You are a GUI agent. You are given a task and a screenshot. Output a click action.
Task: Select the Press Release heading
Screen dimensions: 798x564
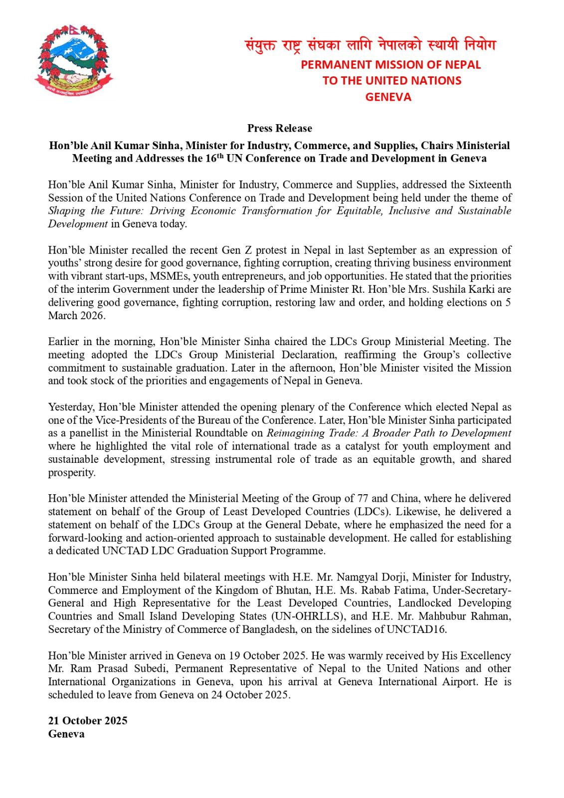click(279, 128)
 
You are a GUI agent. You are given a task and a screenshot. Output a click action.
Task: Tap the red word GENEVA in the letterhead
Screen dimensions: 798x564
click(388, 97)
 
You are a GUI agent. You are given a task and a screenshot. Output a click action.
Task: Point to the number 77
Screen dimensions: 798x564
click(363, 498)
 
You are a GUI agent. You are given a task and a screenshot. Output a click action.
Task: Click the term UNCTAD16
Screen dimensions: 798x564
click(417, 629)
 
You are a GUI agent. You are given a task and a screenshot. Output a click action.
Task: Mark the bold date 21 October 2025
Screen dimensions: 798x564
click(88, 721)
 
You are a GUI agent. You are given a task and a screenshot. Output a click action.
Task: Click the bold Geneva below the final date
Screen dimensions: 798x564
click(66, 734)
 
